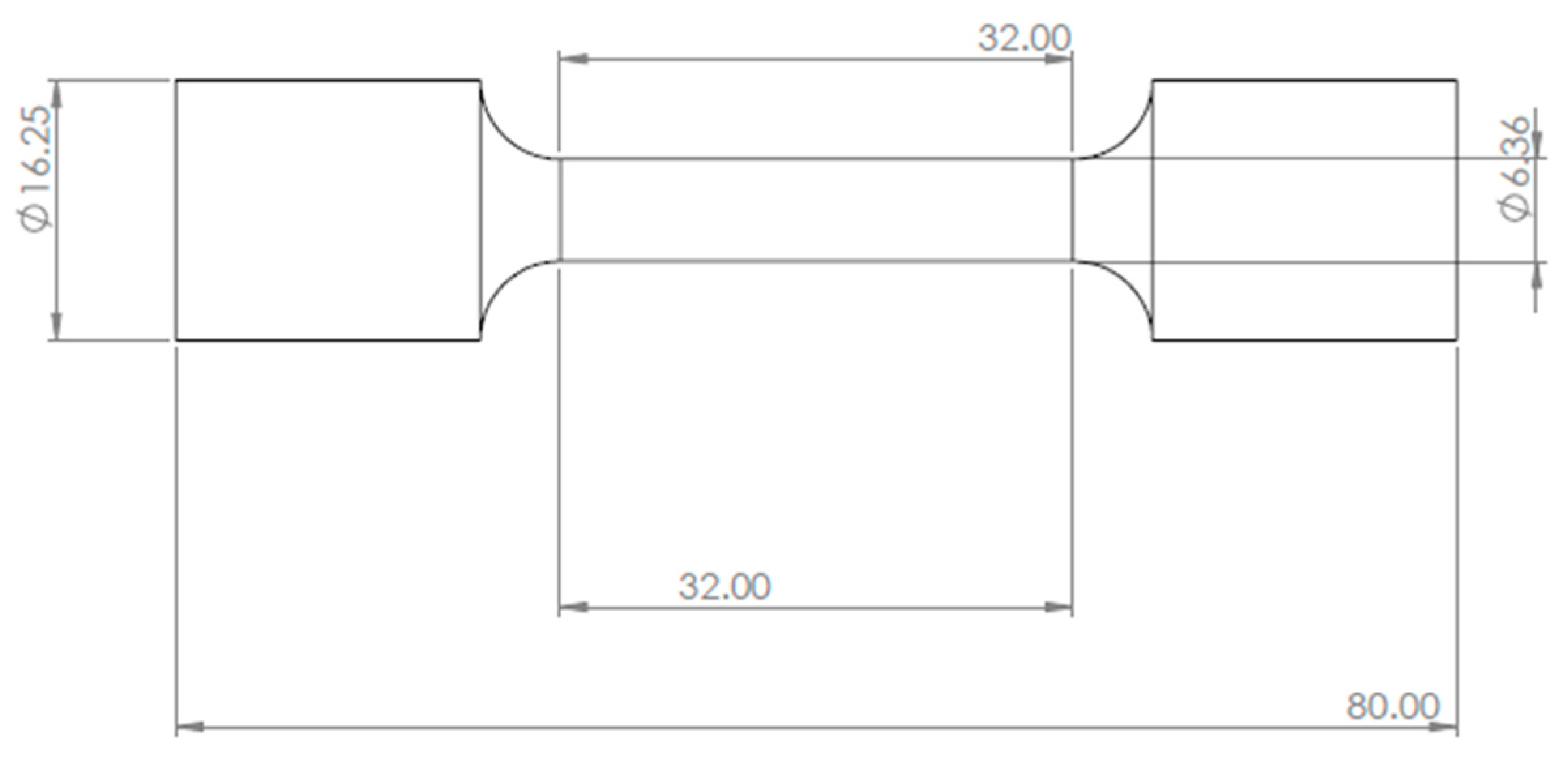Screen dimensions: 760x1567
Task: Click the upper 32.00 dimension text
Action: tap(1024, 38)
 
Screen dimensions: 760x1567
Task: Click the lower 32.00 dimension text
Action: tap(724, 586)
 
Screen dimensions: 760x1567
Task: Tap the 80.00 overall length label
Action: tap(1393, 706)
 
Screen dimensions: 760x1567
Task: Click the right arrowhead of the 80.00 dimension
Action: tap(1444, 726)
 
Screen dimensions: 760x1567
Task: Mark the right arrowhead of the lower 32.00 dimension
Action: tap(1057, 607)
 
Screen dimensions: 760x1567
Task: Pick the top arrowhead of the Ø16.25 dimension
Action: tap(57, 95)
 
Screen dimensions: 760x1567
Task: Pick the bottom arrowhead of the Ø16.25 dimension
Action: tap(57, 325)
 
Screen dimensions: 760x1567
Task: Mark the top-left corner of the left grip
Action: tap(176, 81)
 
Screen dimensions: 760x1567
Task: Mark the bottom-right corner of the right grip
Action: tap(1457, 339)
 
